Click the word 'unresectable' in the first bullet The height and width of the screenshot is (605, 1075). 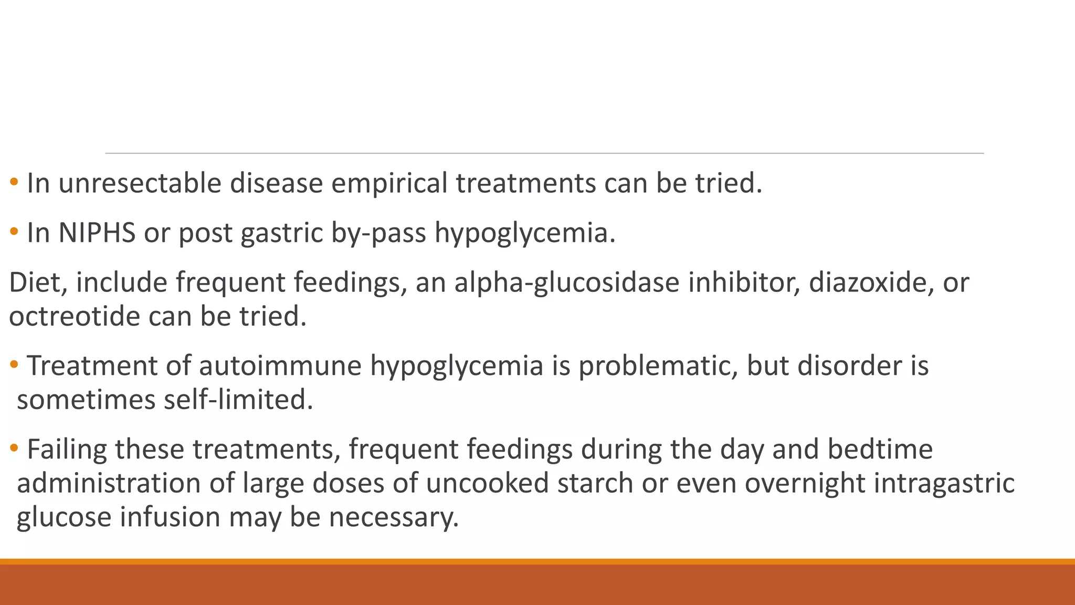click(140, 183)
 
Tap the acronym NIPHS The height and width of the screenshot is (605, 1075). click(97, 233)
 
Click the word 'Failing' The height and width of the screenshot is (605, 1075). click(67, 450)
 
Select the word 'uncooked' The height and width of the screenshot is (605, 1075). click(487, 483)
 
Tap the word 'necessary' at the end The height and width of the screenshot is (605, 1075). click(394, 517)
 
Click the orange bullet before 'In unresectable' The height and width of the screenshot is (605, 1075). click(14, 182)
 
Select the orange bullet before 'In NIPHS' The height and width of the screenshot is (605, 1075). click(14, 232)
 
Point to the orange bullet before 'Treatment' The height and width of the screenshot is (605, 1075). click(14, 364)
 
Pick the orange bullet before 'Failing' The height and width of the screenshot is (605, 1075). click(14, 448)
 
